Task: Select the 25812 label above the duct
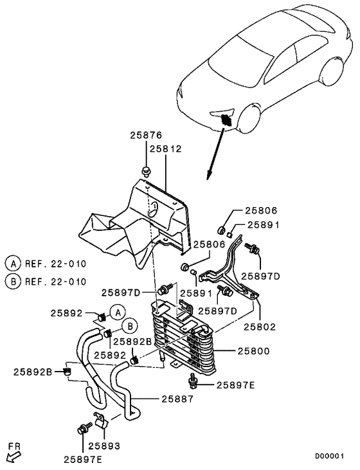point(166,149)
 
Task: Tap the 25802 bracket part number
point(259,327)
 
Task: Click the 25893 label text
point(104,445)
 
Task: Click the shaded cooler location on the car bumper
point(226,118)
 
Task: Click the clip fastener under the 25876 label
point(146,171)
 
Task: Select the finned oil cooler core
point(184,338)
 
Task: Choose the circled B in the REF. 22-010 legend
point(12,281)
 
